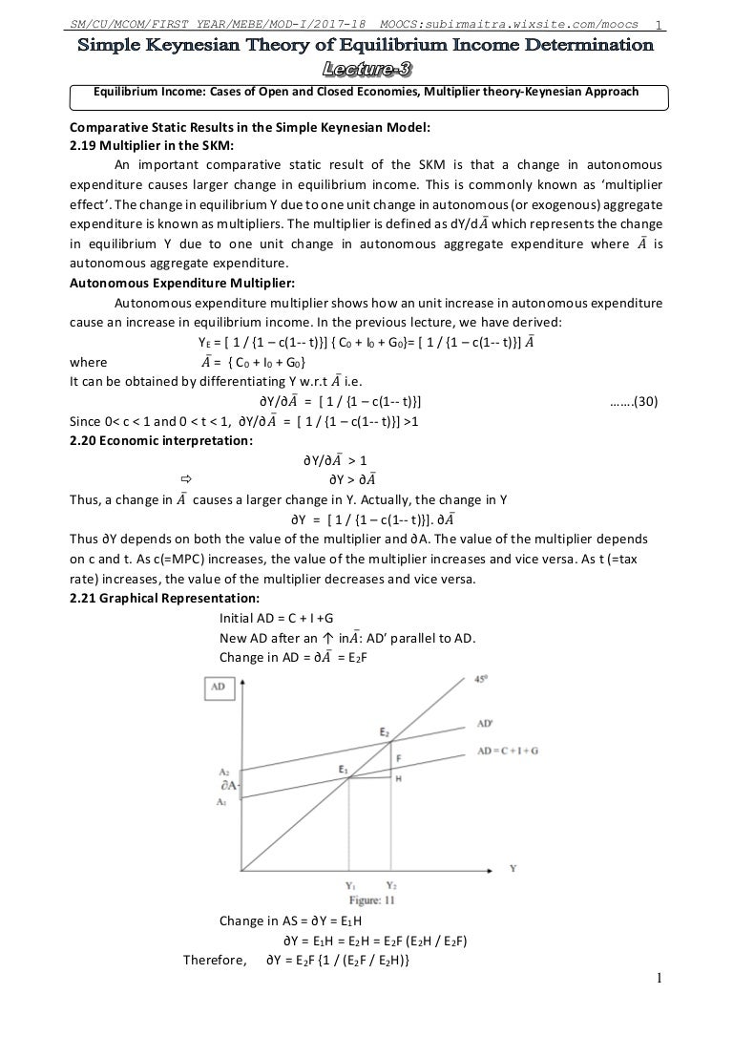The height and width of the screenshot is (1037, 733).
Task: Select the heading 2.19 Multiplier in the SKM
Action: [144, 146]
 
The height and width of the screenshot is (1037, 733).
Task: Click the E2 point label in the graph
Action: [384, 732]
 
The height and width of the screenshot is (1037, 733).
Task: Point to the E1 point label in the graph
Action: [344, 769]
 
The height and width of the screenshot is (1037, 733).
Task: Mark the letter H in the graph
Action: [398, 778]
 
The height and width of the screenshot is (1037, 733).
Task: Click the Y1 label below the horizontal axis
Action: [352, 886]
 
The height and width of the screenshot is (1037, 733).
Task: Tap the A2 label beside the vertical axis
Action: [223, 771]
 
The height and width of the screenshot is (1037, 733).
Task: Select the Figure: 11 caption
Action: [372, 899]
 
